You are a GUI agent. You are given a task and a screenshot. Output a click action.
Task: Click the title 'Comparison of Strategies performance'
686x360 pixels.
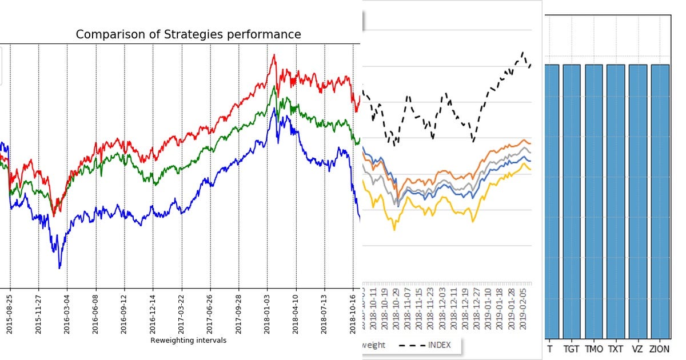point(188,34)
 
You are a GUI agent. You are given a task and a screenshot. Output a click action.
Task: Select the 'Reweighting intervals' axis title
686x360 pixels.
point(188,341)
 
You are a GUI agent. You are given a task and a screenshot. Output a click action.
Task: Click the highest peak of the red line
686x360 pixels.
point(274,55)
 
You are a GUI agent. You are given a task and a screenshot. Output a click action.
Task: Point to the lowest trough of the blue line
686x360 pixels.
point(59,267)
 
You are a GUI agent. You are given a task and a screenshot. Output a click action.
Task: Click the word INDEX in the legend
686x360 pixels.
point(439,345)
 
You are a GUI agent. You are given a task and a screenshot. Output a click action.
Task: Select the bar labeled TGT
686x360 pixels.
point(572,200)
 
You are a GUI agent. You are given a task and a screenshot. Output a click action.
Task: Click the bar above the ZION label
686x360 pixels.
point(660,200)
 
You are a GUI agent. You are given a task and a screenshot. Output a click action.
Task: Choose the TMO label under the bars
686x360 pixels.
point(594,348)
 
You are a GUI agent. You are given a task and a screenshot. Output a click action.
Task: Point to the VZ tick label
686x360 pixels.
point(638,348)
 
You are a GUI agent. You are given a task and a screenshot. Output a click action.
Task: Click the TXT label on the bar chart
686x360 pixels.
point(616,348)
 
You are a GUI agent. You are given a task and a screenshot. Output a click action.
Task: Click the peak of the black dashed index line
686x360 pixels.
point(523,53)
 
